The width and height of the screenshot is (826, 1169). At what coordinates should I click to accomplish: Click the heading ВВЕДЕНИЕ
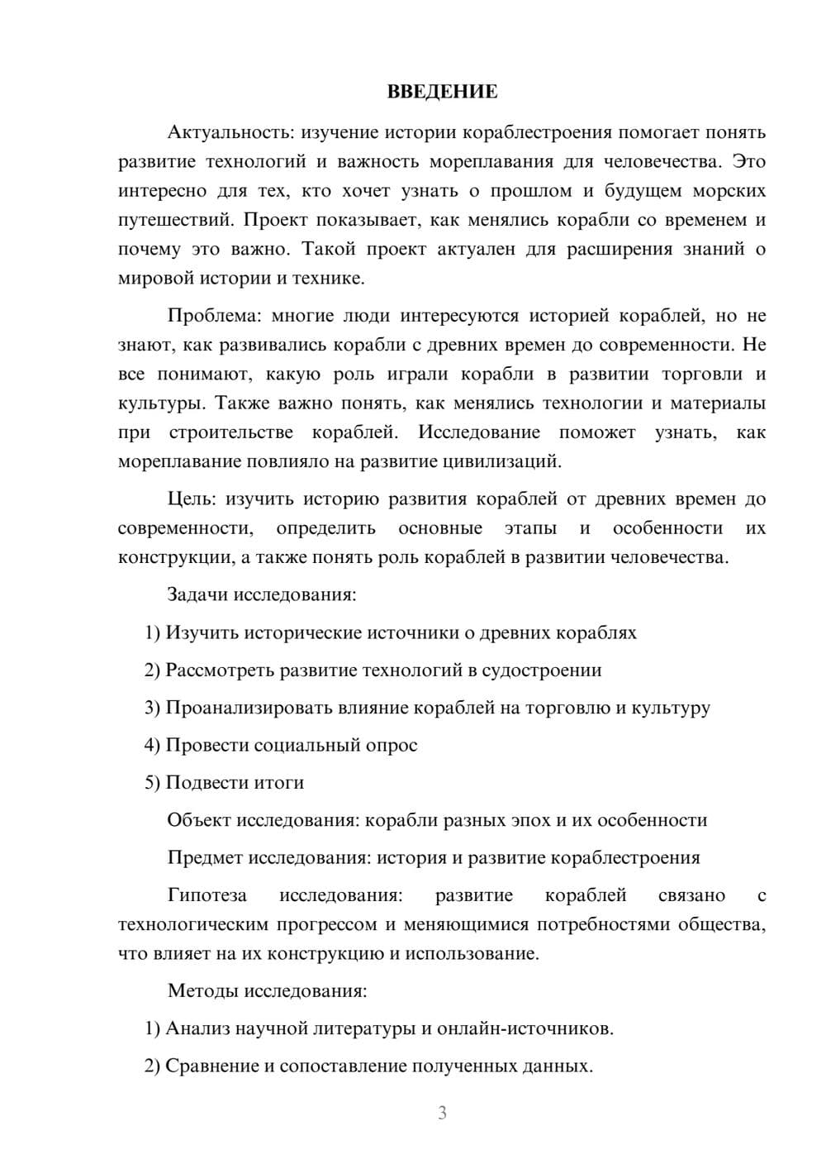pyautogui.click(x=442, y=92)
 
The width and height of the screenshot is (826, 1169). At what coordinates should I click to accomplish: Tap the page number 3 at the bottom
pyautogui.click(x=442, y=1113)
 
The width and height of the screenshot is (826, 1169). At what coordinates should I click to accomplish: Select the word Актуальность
pyautogui.click(x=230, y=132)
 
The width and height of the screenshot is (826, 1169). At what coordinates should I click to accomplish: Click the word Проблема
pyautogui.click(x=210, y=316)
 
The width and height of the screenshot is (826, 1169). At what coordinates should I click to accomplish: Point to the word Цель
pyautogui.click(x=191, y=499)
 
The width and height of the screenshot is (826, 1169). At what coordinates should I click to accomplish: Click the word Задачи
pyautogui.click(x=198, y=594)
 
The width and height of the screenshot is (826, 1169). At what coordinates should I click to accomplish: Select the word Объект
pyautogui.click(x=199, y=820)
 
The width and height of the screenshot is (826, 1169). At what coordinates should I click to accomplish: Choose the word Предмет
pyautogui.click(x=206, y=857)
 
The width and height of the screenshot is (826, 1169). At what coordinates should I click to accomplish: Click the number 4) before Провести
pyautogui.click(x=152, y=745)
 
